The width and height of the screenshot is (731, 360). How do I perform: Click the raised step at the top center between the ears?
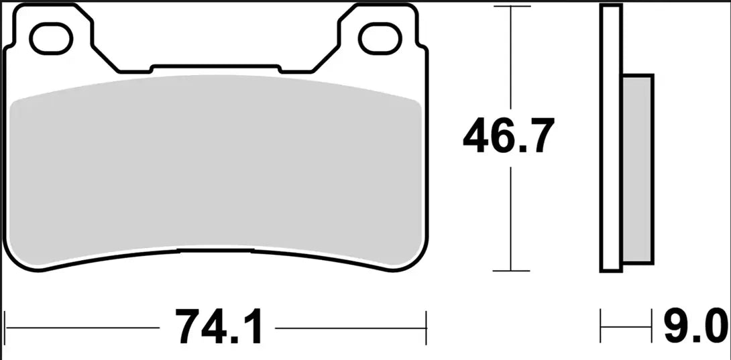(215, 67)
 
